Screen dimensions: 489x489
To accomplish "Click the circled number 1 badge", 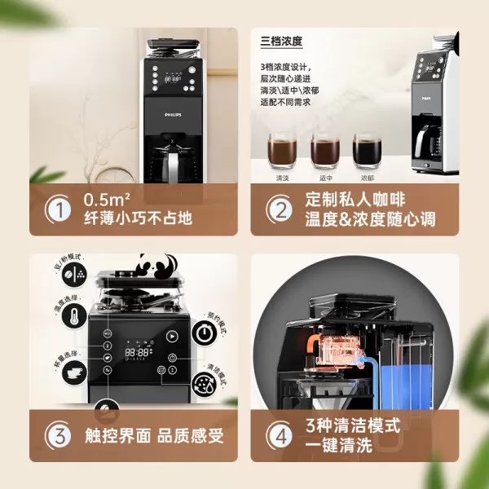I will point(59,209).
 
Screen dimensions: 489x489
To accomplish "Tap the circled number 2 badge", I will point(280,209).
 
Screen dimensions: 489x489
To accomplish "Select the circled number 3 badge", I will point(59,435).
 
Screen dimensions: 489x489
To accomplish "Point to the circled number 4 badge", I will point(280,435).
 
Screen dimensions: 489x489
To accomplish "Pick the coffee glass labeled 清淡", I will point(281,151).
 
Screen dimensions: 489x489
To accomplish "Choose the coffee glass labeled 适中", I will point(324,151).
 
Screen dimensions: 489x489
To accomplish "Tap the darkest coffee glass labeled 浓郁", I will point(366,151).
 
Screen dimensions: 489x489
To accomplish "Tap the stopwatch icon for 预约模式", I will point(207,336).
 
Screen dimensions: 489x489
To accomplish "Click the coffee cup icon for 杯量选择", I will point(75,372).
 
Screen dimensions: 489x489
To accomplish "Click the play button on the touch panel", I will point(173,335).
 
